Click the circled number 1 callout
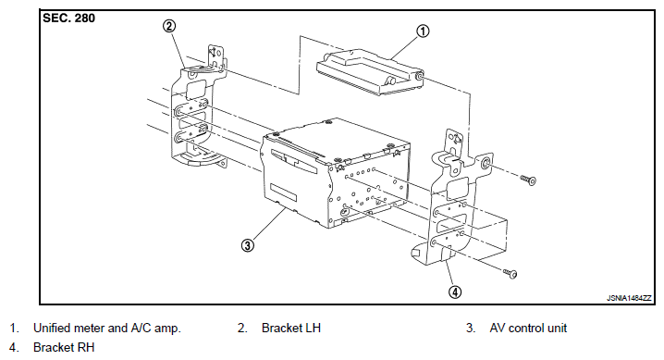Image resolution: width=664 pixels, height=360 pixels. (423, 31)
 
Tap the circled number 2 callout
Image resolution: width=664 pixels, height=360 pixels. (169, 26)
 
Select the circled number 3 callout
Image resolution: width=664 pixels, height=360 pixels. (248, 245)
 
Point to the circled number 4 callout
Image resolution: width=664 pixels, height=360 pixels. (455, 292)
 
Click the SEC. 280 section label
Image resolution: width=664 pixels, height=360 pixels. (69, 19)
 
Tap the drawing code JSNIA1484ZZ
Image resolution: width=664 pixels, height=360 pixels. (629, 298)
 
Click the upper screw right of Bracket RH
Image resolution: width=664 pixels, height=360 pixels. (528, 180)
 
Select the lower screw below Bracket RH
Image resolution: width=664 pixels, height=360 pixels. (510, 273)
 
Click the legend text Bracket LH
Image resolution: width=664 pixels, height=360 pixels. (291, 328)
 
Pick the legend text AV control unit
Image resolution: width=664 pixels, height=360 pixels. (528, 328)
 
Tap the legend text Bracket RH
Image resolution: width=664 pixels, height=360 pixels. (64, 347)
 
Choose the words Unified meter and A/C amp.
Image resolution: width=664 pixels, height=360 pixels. (107, 328)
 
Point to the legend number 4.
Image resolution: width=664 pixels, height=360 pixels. (15, 347)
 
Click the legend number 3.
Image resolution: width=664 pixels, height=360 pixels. (471, 328)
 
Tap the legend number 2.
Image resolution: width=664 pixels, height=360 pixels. (242, 328)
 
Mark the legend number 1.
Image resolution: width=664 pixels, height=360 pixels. (15, 328)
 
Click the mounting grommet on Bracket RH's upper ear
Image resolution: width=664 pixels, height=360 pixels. (486, 163)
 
